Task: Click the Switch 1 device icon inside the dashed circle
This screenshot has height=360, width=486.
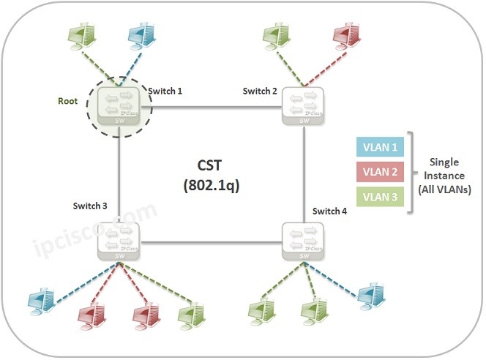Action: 119,108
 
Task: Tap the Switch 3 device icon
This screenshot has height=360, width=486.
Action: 119,242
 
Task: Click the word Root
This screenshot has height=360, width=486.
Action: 69,101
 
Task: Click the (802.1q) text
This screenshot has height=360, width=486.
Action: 213,185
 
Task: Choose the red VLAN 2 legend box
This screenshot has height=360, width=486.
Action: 379,173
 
